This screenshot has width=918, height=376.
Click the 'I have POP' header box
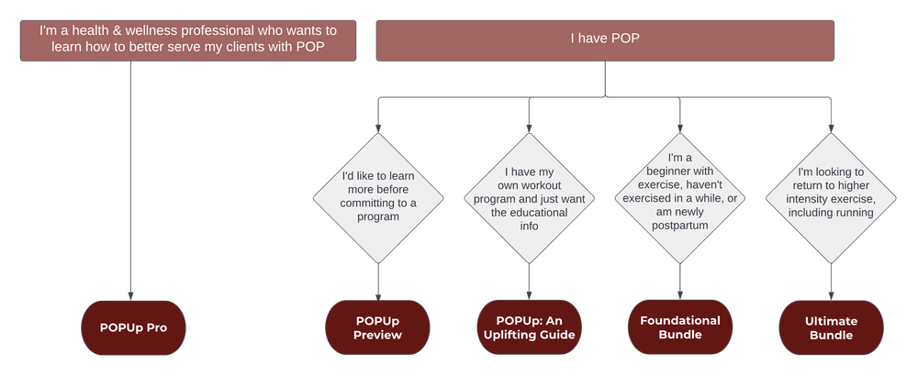[604, 40]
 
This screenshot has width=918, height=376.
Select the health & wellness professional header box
[187, 40]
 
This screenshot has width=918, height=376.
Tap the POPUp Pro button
[132, 326]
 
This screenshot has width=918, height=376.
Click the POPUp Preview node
[378, 326]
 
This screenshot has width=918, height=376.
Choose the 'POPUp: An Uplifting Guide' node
[529, 326]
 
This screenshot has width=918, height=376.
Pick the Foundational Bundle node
[679, 326]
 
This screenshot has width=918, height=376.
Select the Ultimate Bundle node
[831, 326]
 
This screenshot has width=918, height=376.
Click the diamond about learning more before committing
[378, 197]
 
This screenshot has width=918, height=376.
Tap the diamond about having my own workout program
[529, 197]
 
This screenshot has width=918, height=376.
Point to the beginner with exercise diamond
[679, 197]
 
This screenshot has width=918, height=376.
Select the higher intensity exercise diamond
[831, 197]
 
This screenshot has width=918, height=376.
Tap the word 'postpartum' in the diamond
[679, 225]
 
